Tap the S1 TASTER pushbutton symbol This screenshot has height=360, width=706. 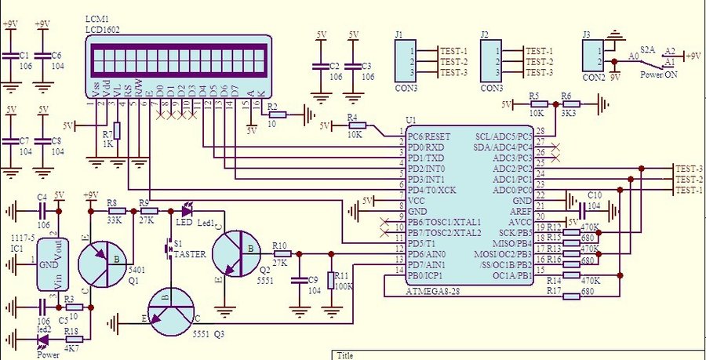pos(168,249)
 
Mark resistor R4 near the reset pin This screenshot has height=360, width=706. pos(354,125)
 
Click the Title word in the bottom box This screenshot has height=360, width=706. pos(345,355)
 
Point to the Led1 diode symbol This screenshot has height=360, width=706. pos(187,210)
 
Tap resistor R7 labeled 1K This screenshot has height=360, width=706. pos(117,133)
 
